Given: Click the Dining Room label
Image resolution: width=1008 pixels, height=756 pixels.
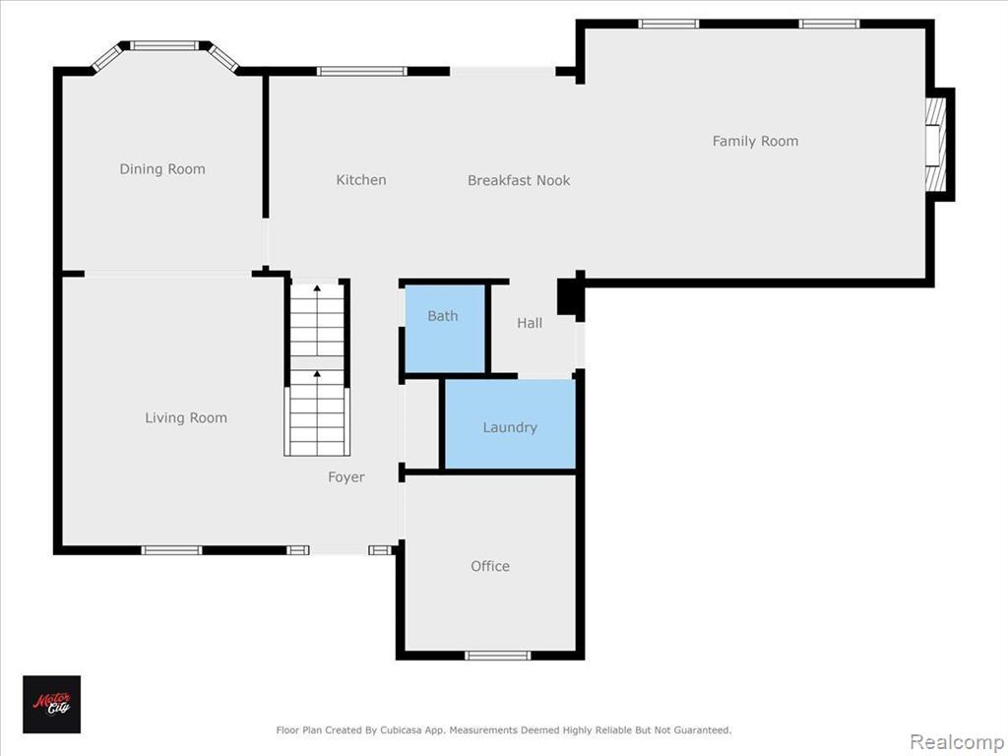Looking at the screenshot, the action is (162, 169).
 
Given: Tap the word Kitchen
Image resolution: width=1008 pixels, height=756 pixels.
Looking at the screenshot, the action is (361, 180).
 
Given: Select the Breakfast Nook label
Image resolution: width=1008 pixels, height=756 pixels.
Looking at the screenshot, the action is (519, 181).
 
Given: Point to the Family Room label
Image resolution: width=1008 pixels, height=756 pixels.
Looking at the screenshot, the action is (755, 142).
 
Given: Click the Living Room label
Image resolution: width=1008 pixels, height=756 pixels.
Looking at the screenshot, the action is (186, 417).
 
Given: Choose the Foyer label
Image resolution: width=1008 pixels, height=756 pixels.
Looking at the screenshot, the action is (346, 477).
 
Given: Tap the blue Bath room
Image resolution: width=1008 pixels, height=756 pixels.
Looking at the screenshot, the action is (445, 329).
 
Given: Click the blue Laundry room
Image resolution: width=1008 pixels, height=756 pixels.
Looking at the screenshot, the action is (511, 424).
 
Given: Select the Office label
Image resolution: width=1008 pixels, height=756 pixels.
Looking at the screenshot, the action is (490, 566).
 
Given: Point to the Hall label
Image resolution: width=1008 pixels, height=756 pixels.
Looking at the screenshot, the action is (530, 323).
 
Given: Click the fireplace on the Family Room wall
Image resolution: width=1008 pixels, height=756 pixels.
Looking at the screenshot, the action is (936, 145).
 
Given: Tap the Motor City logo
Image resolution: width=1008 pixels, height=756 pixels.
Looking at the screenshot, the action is (52, 705).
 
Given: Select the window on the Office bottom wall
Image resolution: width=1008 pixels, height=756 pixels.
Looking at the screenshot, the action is (497, 656).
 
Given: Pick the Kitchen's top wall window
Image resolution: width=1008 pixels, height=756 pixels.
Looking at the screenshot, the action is (362, 71).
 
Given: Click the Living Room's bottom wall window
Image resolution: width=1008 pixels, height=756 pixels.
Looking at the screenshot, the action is (171, 550).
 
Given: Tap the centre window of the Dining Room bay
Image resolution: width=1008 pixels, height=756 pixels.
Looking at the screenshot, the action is (164, 45).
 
